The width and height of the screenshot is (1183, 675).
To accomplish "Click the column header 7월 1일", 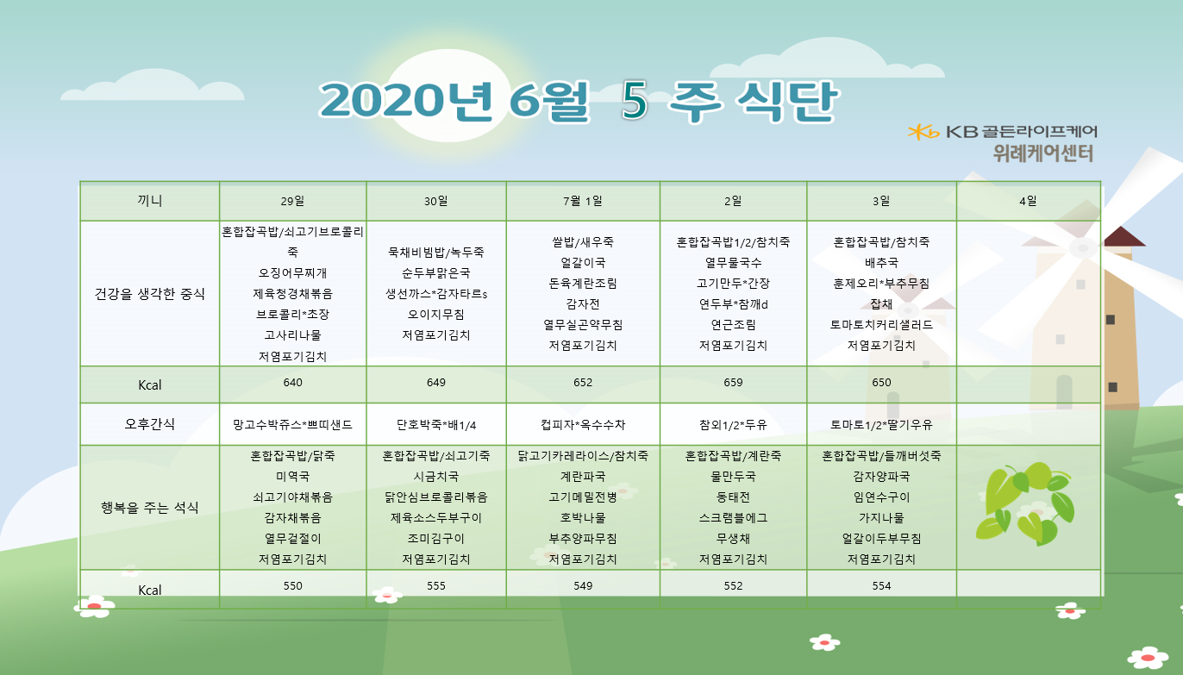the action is [583, 201].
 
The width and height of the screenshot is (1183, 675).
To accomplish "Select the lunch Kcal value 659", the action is [733, 383].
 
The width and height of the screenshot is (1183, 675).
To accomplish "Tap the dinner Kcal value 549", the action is [583, 585].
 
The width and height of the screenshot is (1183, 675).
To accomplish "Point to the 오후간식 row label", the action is [149, 424].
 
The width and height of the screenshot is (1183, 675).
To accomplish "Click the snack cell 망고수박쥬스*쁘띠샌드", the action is [292, 425].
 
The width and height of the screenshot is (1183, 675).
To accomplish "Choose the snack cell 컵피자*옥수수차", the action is [583, 425].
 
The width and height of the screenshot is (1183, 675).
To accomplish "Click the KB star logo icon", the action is [923, 132].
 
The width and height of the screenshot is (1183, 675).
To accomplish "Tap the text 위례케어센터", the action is [1042, 153].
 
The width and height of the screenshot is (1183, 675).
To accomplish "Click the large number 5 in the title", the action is [635, 100].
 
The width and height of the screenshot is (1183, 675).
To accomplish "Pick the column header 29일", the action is [292, 201].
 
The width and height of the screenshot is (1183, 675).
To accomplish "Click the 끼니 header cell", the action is [149, 201].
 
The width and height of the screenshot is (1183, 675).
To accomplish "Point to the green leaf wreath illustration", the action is [1025, 503].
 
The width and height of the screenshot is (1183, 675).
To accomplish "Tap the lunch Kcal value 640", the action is [292, 383].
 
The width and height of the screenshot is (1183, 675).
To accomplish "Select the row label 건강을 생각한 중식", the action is [149, 294].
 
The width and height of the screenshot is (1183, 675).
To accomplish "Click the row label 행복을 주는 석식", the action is [149, 508].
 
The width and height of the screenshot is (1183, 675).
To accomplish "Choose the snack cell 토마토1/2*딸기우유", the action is [881, 425].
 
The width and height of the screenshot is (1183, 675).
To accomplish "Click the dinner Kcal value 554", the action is [881, 585].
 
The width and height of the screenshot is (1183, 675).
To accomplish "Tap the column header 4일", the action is [1028, 201].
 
